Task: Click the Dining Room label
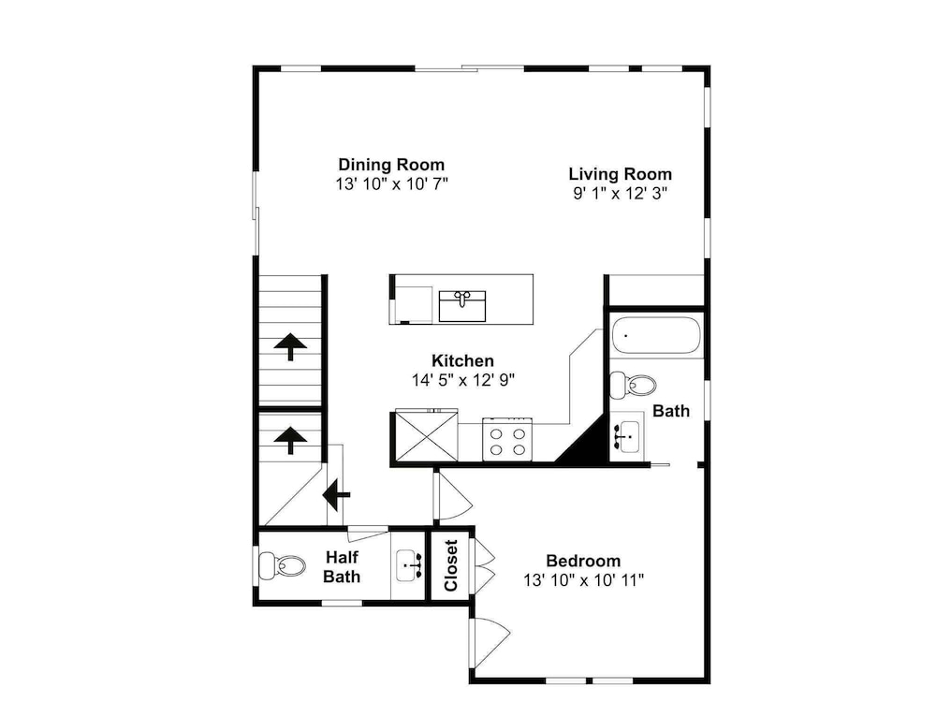point(391,164)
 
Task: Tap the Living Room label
point(621,174)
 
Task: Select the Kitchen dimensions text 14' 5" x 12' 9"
point(463,380)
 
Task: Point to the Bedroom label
point(583,561)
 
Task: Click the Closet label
point(451,565)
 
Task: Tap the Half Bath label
point(342,566)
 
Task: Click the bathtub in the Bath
point(655,335)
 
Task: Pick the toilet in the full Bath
point(633,385)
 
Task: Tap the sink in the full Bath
point(626,436)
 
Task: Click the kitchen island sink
point(462,306)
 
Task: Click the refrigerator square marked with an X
point(427,436)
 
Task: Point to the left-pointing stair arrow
point(336,494)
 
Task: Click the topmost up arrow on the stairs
point(290,347)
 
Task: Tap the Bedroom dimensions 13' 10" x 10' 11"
point(584,579)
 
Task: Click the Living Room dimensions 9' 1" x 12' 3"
point(621,193)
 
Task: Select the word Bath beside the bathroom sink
point(671,411)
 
